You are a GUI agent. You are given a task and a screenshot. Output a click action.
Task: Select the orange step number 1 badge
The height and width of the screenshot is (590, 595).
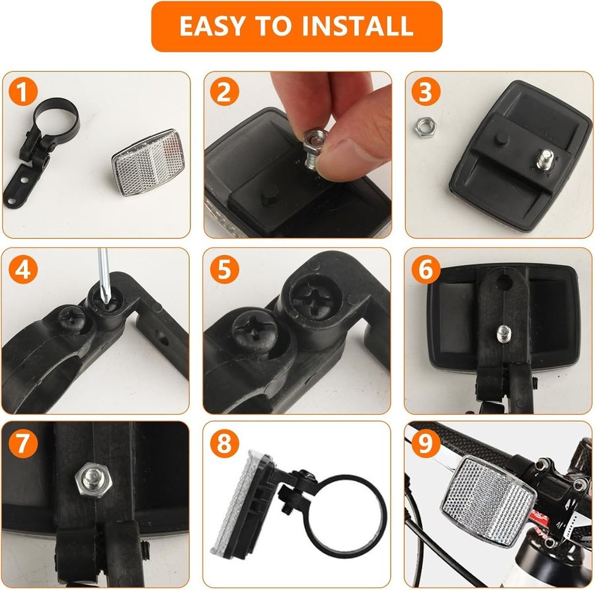tap(24, 92)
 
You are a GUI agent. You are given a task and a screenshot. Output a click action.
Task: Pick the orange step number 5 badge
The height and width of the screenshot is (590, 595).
tap(225, 269)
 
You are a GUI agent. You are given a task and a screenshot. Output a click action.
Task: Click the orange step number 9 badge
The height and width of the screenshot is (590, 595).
tap(426, 443)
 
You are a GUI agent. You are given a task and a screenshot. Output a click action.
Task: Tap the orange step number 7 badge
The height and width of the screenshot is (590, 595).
tap(24, 443)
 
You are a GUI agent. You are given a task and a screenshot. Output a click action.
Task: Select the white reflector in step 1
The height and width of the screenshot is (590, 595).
tap(146, 163)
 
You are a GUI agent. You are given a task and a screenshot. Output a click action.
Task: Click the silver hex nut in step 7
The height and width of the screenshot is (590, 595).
tap(93, 481)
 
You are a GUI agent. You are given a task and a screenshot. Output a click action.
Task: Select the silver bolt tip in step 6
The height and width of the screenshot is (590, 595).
tap(504, 333)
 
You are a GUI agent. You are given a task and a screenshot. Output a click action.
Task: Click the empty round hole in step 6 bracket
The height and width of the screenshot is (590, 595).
tap(504, 281)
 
